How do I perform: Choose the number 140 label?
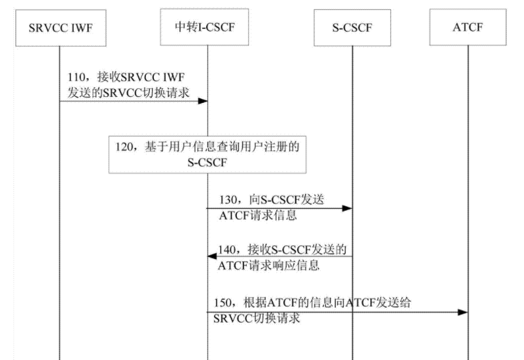[x=228, y=249]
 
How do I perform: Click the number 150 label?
[x=222, y=302]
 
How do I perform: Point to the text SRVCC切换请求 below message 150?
[x=256, y=319]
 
